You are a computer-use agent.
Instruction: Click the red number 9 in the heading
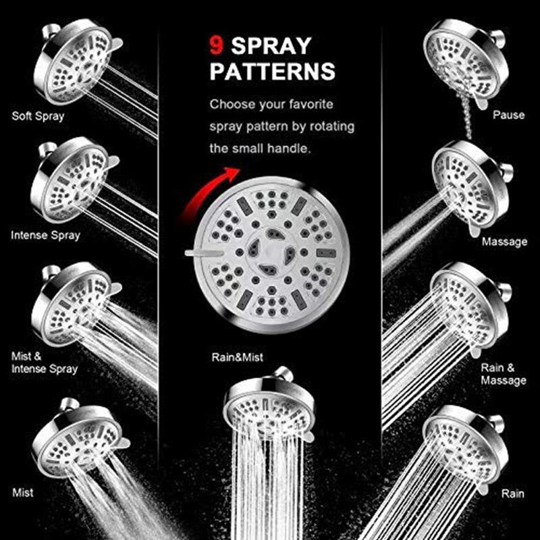216,46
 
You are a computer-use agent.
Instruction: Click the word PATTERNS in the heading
272,71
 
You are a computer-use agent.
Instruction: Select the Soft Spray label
38,116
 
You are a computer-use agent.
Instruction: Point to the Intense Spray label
45,236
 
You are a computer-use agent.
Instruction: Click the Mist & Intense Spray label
45,362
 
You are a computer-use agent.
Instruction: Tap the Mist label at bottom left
23,493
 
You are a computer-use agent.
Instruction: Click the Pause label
508,115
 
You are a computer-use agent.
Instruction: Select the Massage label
504,241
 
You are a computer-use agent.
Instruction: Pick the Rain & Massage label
503,374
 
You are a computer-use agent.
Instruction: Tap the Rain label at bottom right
512,493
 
